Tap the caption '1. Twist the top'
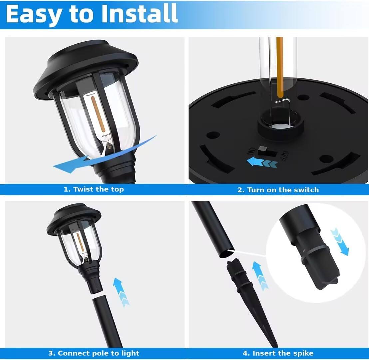tap(94, 189)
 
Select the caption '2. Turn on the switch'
tap(278, 190)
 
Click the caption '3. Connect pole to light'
tap(94, 353)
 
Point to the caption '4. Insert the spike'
tap(278, 353)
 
